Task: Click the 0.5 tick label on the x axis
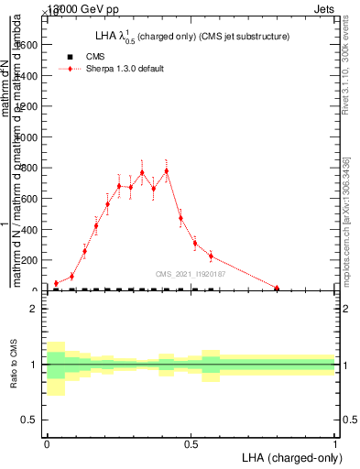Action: pyautogui.click(x=191, y=443)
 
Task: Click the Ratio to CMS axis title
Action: pyautogui.click(x=15, y=365)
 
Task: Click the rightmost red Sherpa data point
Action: pyautogui.click(x=277, y=288)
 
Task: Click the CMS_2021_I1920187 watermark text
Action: pyautogui.click(x=191, y=274)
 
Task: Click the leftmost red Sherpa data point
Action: pyautogui.click(x=56, y=284)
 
